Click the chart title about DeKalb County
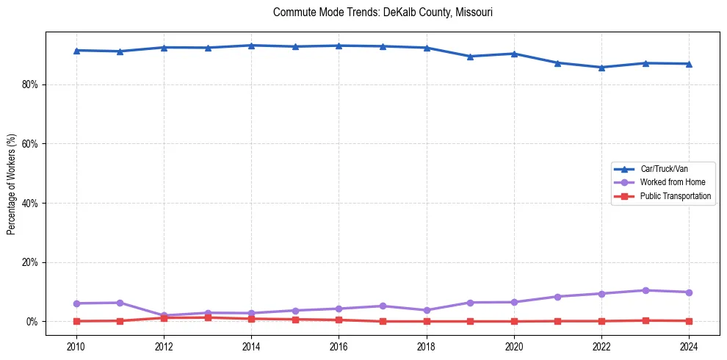[x=382, y=12]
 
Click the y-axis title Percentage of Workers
[x=12, y=183]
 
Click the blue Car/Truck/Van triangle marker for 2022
[x=601, y=68]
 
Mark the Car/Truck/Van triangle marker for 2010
[x=76, y=50]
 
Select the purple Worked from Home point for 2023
[x=645, y=290]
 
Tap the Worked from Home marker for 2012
[x=164, y=316]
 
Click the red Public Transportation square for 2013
[x=208, y=317]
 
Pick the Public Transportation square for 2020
[x=514, y=321]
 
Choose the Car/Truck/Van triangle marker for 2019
[x=470, y=57]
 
